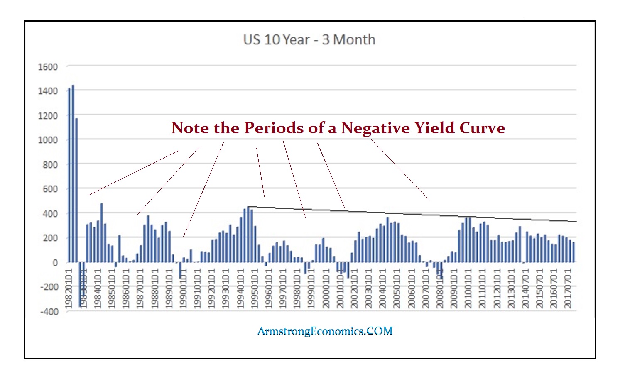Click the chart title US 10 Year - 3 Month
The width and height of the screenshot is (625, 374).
309,40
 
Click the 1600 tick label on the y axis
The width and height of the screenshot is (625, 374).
48,67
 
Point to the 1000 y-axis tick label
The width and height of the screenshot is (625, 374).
48,140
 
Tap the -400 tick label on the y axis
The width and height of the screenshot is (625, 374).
49,312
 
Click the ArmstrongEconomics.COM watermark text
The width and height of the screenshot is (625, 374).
325,331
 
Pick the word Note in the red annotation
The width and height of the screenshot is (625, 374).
190,128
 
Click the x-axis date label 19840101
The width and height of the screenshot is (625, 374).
98,288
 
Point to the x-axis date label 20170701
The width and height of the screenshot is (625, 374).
569,288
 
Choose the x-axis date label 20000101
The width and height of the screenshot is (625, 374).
326,288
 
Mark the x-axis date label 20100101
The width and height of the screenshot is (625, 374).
468,288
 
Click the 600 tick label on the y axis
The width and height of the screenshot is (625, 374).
50,189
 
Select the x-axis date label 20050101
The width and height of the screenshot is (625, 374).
397,288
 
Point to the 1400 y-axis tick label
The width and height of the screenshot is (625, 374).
48,91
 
